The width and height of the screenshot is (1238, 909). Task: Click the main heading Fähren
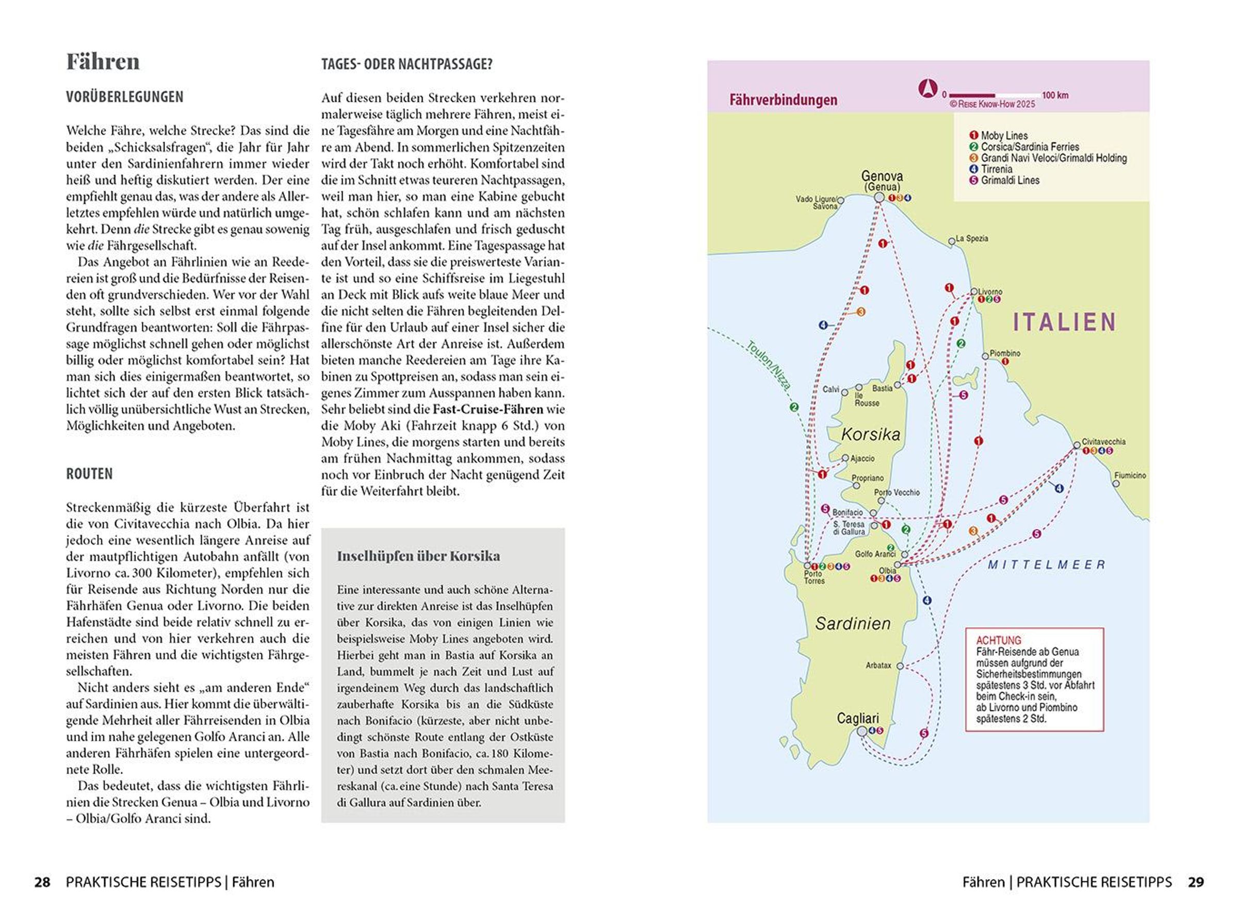click(x=103, y=62)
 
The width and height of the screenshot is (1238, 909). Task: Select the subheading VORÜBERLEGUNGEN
click(x=124, y=98)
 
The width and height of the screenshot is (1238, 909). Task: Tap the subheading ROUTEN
click(x=89, y=474)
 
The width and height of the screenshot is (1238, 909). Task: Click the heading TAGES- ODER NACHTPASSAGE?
click(x=406, y=65)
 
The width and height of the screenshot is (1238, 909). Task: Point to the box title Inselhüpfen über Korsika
click(x=418, y=556)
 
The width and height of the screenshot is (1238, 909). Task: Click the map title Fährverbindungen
click(x=783, y=100)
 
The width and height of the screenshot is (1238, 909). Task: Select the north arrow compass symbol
click(x=927, y=89)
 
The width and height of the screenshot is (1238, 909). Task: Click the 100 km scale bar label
click(x=1055, y=95)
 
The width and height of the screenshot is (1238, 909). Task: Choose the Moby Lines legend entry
click(x=1004, y=135)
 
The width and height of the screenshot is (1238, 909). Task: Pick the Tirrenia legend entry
click(x=996, y=169)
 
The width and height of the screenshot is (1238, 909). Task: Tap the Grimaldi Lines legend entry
click(x=1009, y=180)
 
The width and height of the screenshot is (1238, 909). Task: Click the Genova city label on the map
click(x=882, y=176)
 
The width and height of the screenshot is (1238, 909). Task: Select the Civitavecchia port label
click(x=1103, y=441)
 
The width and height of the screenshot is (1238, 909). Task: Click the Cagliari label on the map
click(x=857, y=718)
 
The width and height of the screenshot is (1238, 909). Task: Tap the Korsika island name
click(x=870, y=435)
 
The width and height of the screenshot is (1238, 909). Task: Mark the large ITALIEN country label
click(x=1064, y=322)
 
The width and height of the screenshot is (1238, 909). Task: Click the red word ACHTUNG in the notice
click(x=998, y=641)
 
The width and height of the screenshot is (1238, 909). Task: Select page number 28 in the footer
click(x=42, y=882)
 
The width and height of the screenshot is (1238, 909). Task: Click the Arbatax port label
click(x=878, y=665)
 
